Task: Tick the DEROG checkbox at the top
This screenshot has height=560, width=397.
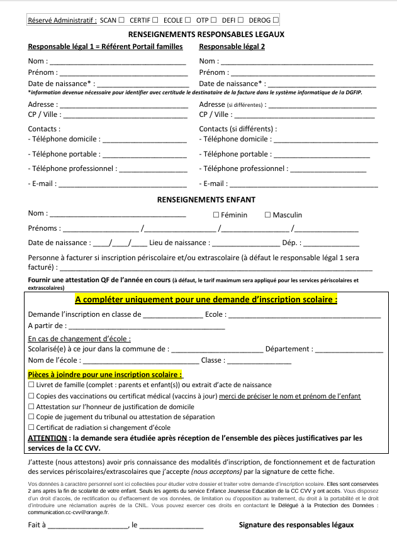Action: coord(276,21)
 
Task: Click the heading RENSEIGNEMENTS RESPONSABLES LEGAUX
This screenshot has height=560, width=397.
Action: coord(206,35)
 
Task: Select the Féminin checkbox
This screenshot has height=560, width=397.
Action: coord(216,215)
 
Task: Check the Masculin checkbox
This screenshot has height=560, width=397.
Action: coord(267,215)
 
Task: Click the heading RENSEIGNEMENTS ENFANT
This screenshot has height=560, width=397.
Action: coord(206,200)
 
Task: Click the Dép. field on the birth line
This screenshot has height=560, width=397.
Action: coord(331,243)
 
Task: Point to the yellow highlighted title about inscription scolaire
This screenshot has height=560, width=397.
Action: coord(206,299)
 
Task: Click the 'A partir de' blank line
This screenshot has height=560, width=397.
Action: coord(146,326)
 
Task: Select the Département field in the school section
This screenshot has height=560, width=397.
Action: coord(349,349)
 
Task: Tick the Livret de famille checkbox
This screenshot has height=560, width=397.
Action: coord(31,385)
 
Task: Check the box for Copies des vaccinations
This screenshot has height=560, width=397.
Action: coord(31,396)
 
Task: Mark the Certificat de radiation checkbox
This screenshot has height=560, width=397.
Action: coord(31,427)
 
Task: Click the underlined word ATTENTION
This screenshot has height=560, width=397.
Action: coord(47,437)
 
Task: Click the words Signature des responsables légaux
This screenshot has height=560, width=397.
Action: coord(296,525)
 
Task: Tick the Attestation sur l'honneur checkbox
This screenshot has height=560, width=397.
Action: coord(31,407)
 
